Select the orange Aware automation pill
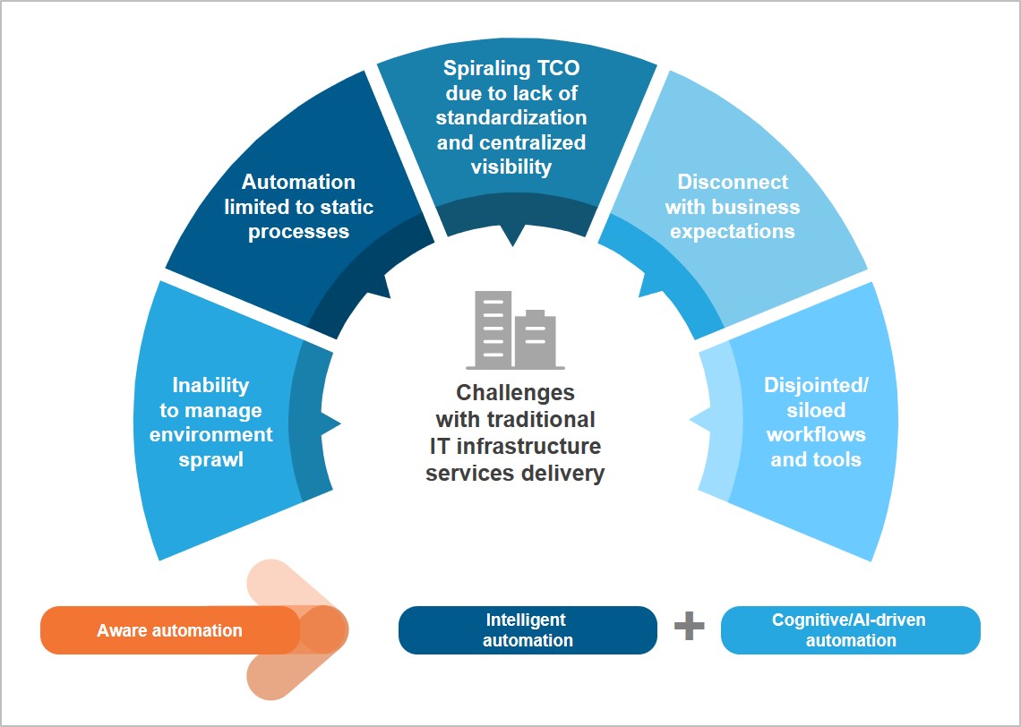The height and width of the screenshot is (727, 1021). click(x=169, y=630)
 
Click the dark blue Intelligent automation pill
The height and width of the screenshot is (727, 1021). click(x=528, y=630)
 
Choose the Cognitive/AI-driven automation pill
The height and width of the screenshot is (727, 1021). click(x=850, y=630)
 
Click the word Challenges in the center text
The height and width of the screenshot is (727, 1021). click(x=515, y=393)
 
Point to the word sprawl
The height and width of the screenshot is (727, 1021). click(x=211, y=460)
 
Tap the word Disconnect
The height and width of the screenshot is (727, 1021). click(x=732, y=182)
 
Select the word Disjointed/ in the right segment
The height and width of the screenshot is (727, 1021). click(x=816, y=385)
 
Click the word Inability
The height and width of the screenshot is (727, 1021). click(x=210, y=385)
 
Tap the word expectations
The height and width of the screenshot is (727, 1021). click(x=732, y=231)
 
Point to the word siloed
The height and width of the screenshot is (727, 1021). click(x=816, y=410)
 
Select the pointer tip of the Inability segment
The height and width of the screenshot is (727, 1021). click(x=340, y=421)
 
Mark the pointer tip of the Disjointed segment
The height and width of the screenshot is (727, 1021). click(x=691, y=419)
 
